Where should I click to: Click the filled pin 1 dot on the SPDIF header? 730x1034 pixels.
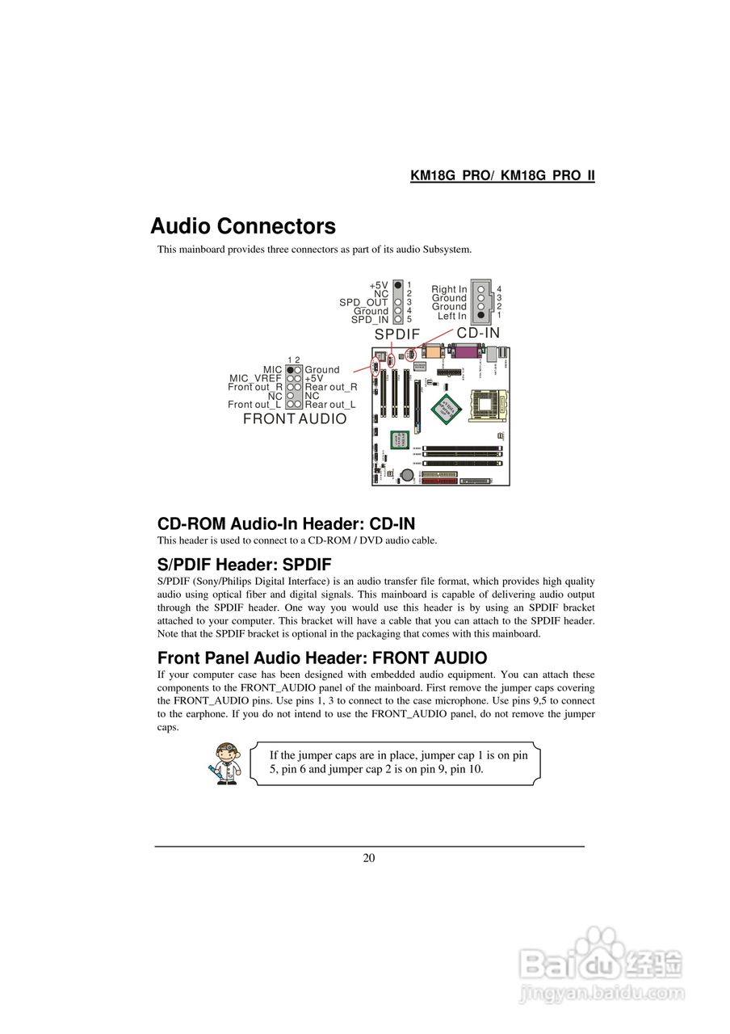click(398, 285)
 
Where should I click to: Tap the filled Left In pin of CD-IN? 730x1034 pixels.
click(481, 315)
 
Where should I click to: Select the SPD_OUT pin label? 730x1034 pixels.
click(363, 302)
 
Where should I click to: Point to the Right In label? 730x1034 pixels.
click(449, 289)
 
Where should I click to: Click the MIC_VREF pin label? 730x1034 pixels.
click(255, 378)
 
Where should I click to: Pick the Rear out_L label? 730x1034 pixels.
click(330, 404)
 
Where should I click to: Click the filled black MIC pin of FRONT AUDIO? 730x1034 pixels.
click(290, 369)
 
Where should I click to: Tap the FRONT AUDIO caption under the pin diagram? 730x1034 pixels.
click(295, 418)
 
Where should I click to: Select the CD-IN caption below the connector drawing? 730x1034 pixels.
click(478, 333)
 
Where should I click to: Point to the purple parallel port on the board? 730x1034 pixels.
click(466, 352)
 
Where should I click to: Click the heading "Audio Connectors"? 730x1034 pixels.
click(243, 226)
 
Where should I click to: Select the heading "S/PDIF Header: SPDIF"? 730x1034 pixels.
click(244, 564)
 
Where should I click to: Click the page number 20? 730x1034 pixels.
click(368, 858)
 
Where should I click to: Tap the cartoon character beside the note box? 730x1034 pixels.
click(224, 763)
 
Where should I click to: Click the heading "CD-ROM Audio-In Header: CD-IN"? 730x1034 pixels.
click(286, 523)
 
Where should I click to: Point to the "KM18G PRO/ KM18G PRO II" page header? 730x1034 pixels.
click(502, 175)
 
